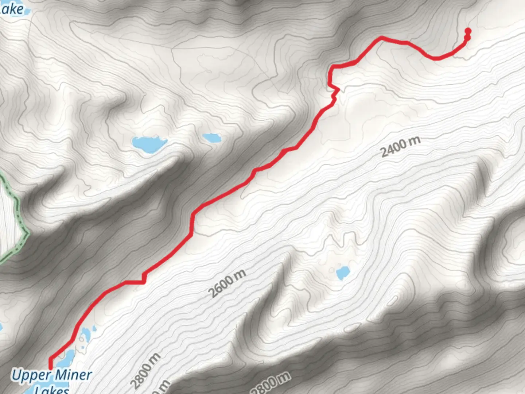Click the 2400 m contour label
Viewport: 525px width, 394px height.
[400, 147]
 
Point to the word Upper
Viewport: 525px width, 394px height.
[31, 375]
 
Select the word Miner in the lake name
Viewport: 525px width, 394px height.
[74, 375]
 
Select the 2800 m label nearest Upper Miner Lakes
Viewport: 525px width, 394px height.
[145, 371]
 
